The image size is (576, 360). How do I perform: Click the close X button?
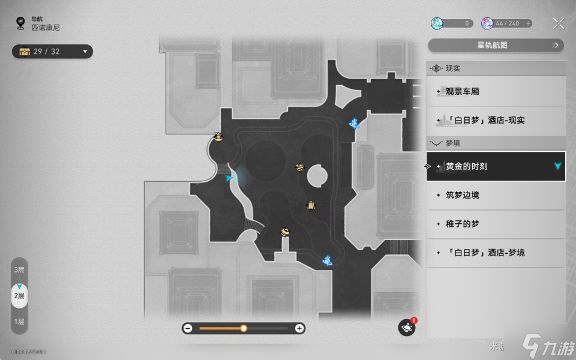[x=558, y=23]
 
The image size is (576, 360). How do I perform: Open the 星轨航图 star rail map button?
[x=496, y=45]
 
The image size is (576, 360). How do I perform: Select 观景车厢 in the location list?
[x=496, y=92]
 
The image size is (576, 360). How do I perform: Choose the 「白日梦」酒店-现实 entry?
[x=496, y=121]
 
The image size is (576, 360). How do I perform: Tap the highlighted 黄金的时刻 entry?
[x=496, y=166]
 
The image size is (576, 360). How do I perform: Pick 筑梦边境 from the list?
[x=496, y=195]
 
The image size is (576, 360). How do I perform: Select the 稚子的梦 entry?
[x=496, y=224]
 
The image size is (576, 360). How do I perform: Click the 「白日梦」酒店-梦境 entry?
[x=496, y=253]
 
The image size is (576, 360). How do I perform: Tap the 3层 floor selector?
[x=19, y=270]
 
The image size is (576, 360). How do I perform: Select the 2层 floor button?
[x=19, y=296]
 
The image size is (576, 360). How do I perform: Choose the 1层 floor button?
[x=19, y=322]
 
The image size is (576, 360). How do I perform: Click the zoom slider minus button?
[x=188, y=328]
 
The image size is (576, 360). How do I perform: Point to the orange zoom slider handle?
[x=244, y=328]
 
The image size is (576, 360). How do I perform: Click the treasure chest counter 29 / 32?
[x=52, y=52]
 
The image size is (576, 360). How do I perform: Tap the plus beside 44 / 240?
[x=528, y=23]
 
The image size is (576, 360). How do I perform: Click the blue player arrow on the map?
[x=229, y=178]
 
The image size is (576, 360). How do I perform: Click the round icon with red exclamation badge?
[x=407, y=328]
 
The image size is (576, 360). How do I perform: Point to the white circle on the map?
[x=316, y=177]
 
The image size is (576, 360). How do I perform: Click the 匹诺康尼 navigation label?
[x=46, y=28]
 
